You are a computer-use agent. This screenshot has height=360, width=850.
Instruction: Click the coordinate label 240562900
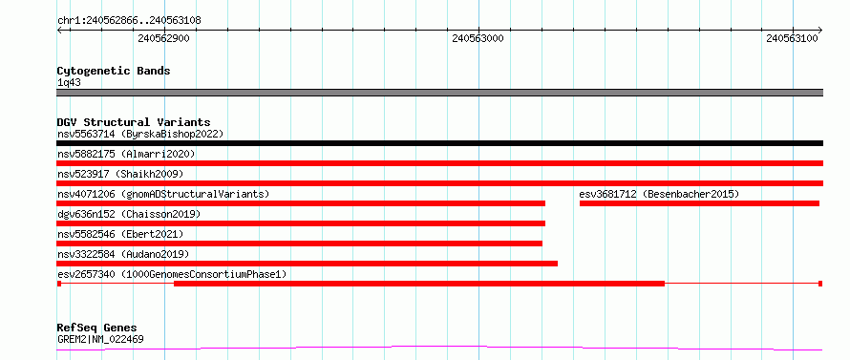[163, 38]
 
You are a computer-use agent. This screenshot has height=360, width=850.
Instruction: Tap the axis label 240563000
[478, 38]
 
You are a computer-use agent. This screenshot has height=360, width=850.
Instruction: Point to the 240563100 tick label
[793, 38]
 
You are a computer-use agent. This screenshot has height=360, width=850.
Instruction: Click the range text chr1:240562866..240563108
[129, 21]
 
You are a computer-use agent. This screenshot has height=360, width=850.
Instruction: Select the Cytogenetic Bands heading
[114, 71]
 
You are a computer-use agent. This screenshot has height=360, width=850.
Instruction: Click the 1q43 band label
[69, 83]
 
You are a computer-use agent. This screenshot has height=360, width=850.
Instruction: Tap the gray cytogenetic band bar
[439, 93]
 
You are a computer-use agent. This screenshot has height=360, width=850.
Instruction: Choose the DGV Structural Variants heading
[134, 122]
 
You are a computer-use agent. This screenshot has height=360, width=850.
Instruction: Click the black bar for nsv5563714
[439, 143]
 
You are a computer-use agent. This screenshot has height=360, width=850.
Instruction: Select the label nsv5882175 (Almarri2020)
[126, 154]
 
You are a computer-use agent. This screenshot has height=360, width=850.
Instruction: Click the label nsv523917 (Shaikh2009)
[120, 174]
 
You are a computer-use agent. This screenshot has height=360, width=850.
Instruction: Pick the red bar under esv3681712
[699, 203]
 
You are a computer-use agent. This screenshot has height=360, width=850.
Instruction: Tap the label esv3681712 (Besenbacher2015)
[659, 194]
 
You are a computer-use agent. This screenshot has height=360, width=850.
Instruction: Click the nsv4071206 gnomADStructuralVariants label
[163, 194]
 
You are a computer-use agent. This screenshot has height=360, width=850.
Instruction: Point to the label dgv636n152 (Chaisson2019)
[129, 214]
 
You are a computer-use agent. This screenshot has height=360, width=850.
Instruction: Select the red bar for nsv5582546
[299, 244]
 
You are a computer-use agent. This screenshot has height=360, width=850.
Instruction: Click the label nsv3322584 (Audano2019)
[123, 254]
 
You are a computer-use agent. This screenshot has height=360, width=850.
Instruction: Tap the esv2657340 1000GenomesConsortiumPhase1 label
[171, 274]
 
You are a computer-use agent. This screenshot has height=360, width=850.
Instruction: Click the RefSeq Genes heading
[96, 328]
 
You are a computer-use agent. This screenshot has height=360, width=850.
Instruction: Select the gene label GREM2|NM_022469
[100, 340]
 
